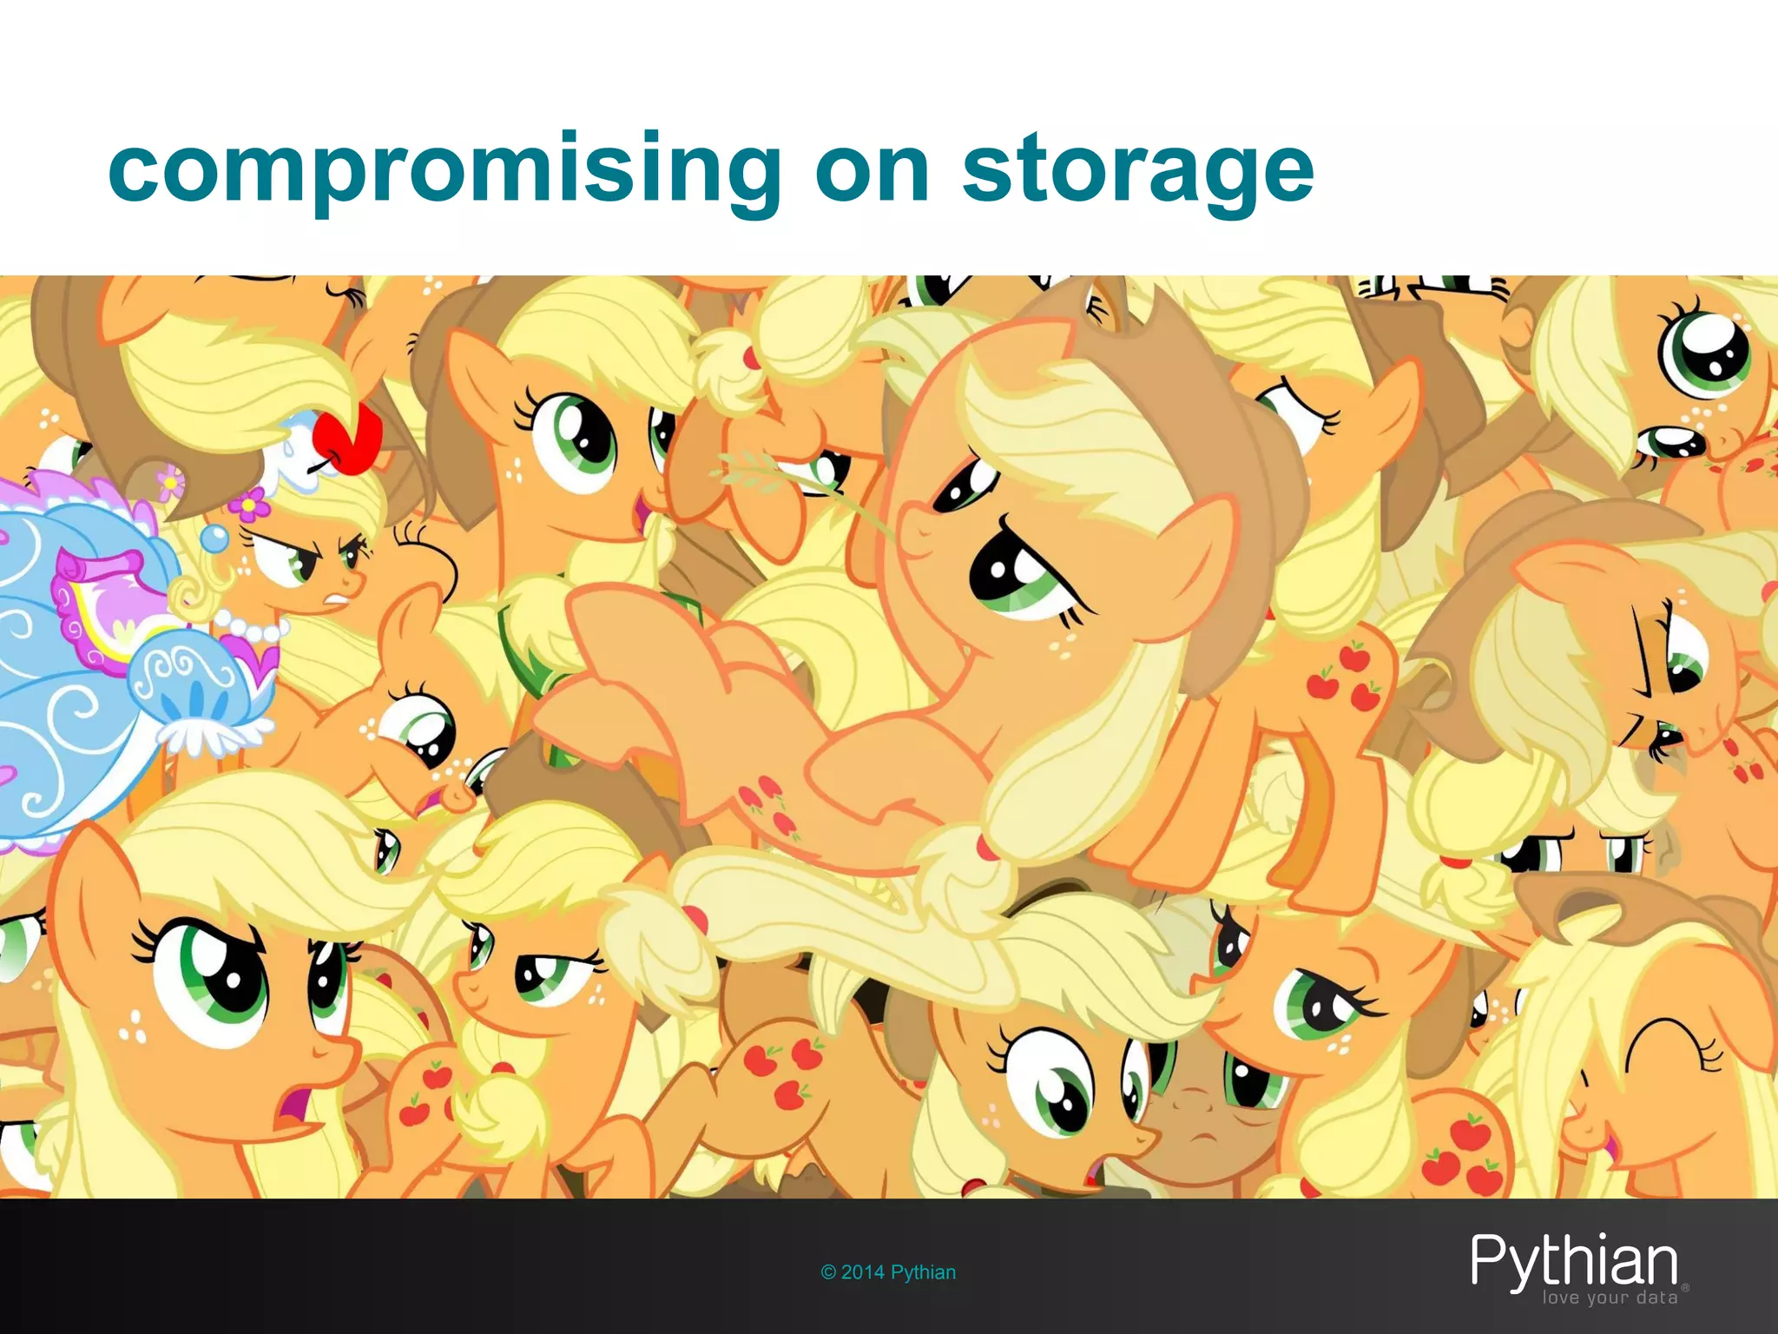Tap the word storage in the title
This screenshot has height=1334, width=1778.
click(1137, 170)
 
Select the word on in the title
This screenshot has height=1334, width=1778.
click(872, 170)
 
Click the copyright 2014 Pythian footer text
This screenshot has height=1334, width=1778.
click(888, 1272)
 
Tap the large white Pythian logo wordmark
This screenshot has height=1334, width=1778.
click(1573, 1262)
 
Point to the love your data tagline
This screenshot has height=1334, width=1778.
click(1609, 1298)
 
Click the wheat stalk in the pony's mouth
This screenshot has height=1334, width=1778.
click(764, 469)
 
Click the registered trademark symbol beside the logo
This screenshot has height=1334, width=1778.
click(1685, 1286)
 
